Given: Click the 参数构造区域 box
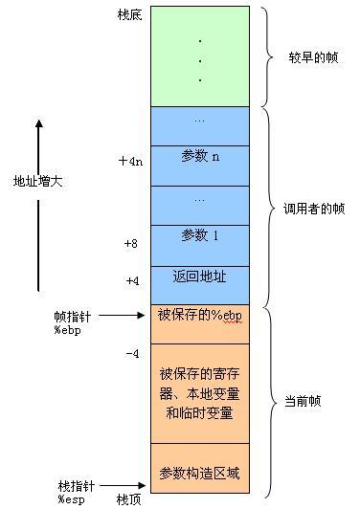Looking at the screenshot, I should (199, 474).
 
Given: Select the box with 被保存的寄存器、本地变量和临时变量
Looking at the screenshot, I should (199, 393).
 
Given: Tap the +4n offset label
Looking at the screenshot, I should (130, 161).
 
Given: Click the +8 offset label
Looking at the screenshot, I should (131, 244).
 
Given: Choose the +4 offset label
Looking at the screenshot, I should (132, 282).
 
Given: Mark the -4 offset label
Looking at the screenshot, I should (132, 354).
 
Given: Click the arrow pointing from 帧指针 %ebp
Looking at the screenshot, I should (122, 315).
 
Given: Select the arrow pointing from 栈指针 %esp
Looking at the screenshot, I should (122, 486).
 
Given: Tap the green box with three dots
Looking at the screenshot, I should (199, 55).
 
